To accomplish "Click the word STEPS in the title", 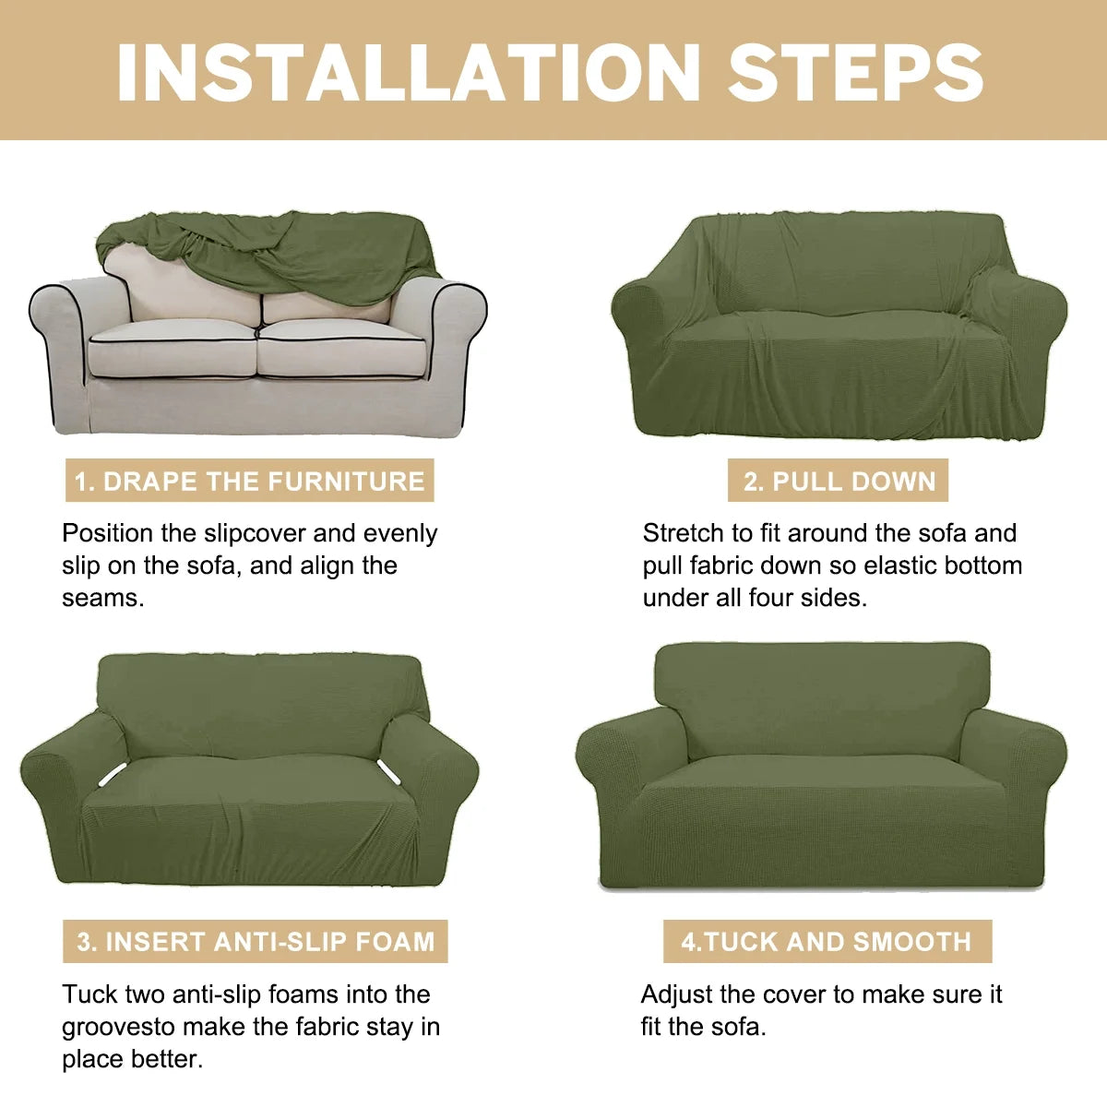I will (855, 72).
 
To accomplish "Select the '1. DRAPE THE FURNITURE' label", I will (249, 481).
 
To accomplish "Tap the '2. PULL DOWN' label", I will (839, 481).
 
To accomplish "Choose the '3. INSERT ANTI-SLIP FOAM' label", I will (256, 941).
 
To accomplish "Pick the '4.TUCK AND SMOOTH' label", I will (827, 941).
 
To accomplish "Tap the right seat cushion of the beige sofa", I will (341, 349).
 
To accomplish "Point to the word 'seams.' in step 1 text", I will (103, 598).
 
